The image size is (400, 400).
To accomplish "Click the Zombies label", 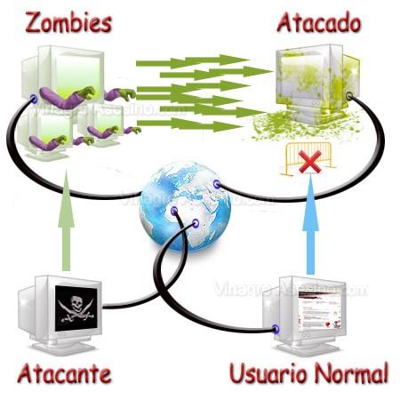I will click(x=68, y=21).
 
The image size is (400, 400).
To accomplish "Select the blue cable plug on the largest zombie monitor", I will click(x=33, y=97).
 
